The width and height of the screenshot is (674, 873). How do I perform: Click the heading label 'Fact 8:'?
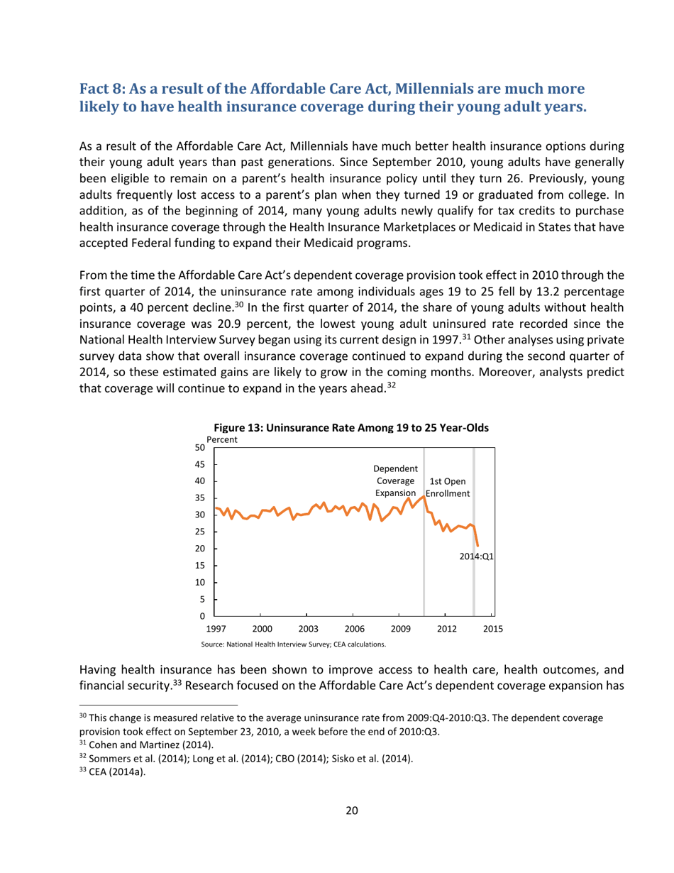tap(105, 90)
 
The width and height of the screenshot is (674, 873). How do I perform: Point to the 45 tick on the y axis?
tap(200, 464)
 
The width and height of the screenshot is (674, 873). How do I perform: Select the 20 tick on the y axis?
tap(200, 549)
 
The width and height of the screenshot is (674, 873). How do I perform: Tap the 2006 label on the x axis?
tap(354, 628)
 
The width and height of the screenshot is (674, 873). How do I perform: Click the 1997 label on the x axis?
tap(216, 628)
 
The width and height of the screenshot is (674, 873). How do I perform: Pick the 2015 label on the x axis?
tap(492, 628)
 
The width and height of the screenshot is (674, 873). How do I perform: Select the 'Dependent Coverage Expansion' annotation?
tap(395, 481)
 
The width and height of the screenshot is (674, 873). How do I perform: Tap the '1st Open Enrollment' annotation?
tap(447, 487)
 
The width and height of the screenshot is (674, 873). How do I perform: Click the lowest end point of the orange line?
tap(477, 545)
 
